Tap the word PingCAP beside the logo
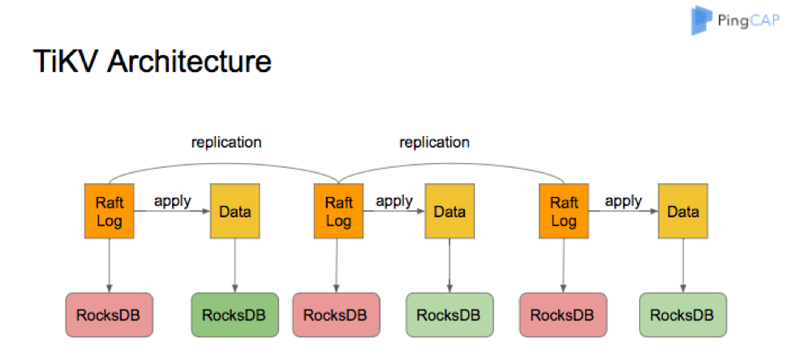coord(748,22)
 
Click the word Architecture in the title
coord(189,62)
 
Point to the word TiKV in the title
coord(67,62)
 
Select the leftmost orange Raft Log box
coord(110,212)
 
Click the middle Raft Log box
coord(338,212)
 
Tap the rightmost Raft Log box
coord(564,212)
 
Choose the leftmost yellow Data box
coord(234,212)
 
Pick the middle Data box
coord(449,212)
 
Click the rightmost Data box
coord(683,212)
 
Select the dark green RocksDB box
coord(234,315)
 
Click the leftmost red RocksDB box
coord(109,315)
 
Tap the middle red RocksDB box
coord(336,315)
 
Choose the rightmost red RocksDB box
coord(563,315)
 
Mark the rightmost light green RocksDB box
coord(683,315)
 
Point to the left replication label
coord(226,142)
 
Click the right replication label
coord(434,142)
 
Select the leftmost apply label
coord(173,200)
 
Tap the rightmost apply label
coord(624,200)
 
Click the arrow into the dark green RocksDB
coord(234,265)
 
